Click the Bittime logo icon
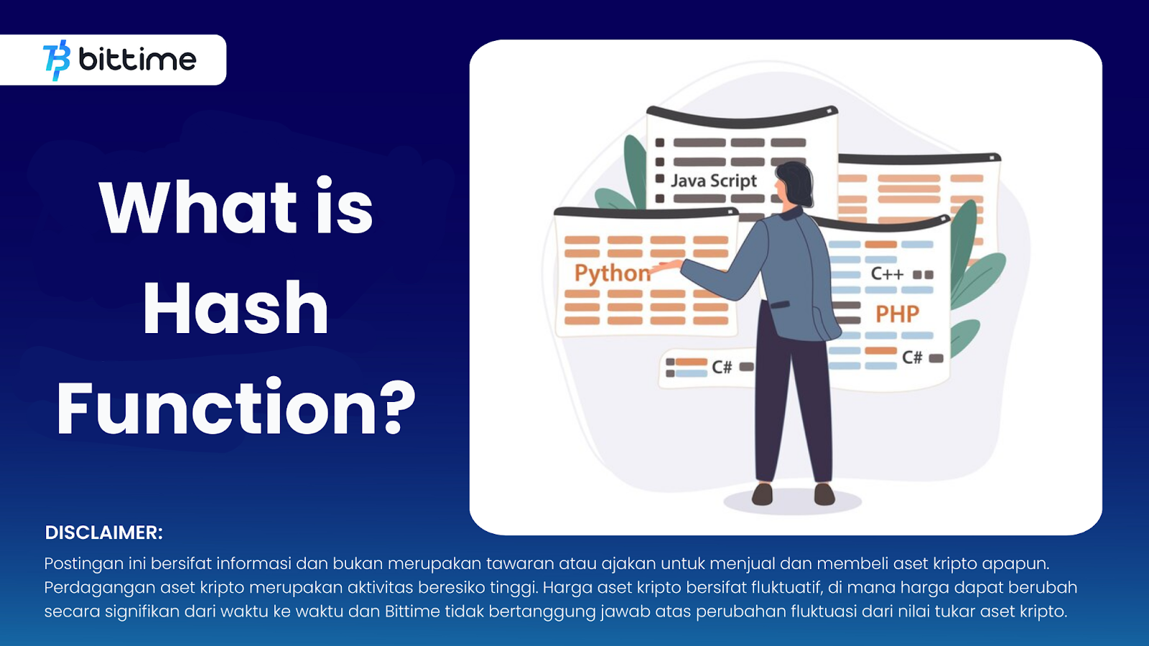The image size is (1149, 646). click(x=57, y=60)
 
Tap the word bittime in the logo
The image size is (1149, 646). click(x=137, y=60)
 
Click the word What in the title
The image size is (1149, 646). click(x=197, y=207)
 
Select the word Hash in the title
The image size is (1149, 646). click(x=236, y=308)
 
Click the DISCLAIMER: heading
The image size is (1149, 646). click(x=103, y=533)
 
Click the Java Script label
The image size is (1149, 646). click(x=714, y=180)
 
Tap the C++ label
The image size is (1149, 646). click(x=887, y=274)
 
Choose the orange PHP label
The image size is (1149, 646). click(x=897, y=314)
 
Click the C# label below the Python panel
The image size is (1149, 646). click(x=722, y=367)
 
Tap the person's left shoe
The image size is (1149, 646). click(x=762, y=495)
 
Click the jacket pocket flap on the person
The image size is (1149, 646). click(x=780, y=304)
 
